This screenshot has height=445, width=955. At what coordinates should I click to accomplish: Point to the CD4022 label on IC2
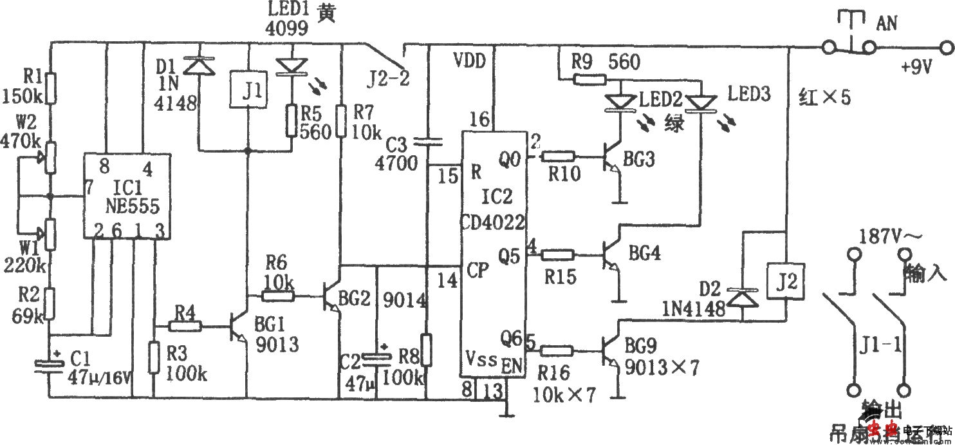492,223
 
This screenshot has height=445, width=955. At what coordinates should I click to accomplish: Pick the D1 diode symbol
198,65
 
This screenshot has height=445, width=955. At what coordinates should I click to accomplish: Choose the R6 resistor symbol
277,296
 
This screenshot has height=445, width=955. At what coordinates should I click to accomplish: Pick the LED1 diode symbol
291,65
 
